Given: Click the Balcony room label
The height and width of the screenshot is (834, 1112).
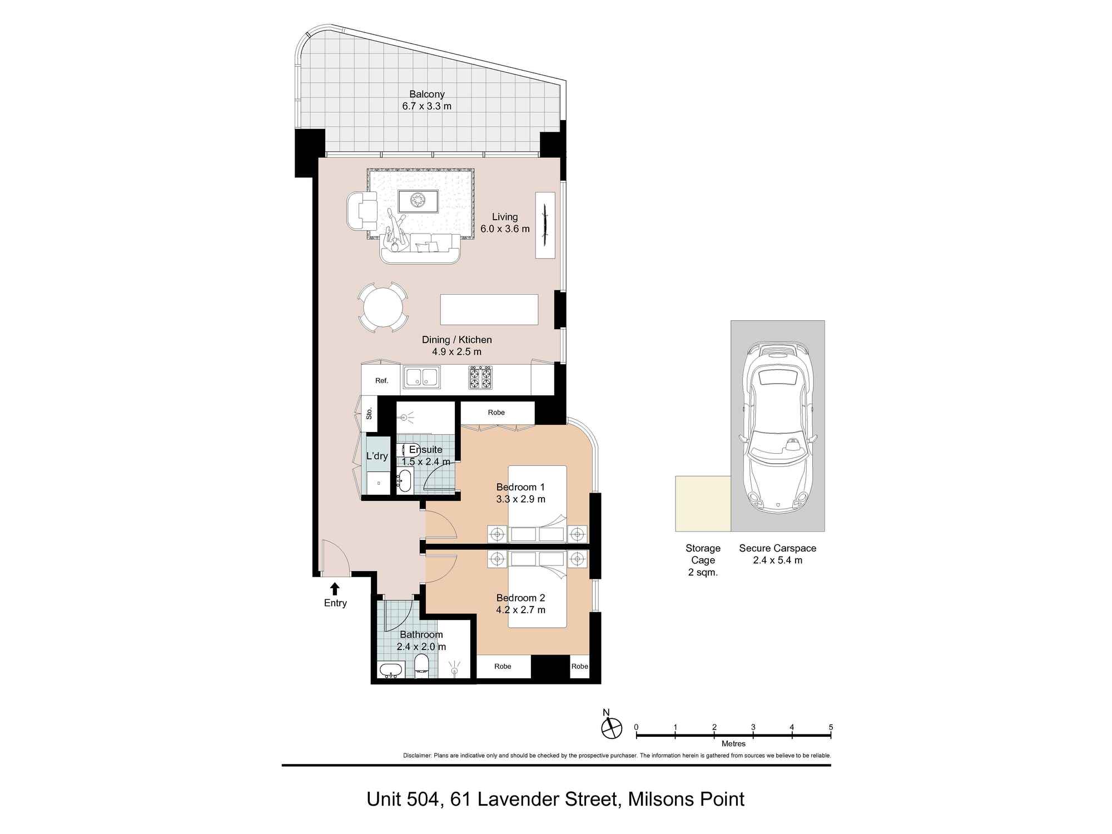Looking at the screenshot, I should coord(426,95).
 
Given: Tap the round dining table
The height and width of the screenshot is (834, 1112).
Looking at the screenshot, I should coord(383,307).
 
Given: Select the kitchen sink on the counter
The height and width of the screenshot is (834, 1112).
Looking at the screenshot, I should coord(421,377).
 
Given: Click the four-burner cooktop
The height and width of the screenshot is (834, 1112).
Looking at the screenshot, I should coord(480,377).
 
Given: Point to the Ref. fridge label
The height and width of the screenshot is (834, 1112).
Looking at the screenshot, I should coord(381,381).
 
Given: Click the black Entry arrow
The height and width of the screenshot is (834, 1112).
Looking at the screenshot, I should coord(335,589).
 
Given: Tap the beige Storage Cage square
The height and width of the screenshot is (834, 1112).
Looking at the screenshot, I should coord(703,503).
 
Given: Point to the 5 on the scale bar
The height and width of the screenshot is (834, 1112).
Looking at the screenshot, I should coord(831,727).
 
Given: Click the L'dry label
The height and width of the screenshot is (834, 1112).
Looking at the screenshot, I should coord(376,456).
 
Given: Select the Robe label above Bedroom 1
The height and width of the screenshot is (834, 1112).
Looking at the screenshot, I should coord(496,413).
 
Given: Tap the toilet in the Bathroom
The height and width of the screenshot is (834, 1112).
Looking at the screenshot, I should coord(421,665).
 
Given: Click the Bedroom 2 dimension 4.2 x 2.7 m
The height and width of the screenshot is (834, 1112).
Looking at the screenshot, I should coord(520,610).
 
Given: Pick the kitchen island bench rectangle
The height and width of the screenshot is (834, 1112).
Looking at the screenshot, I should coord(489,310).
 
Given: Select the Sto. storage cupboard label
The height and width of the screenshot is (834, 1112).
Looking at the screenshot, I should coord(369,414).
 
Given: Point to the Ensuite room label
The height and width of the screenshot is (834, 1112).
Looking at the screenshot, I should coord(425,449).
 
